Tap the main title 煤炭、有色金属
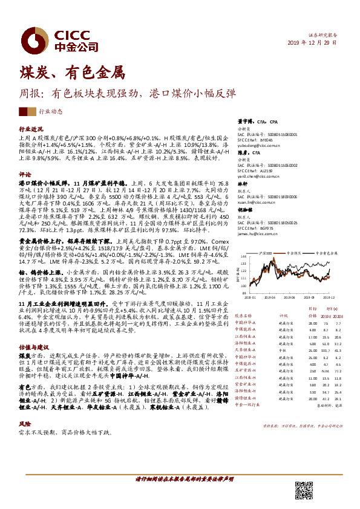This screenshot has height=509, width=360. point(71,74)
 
